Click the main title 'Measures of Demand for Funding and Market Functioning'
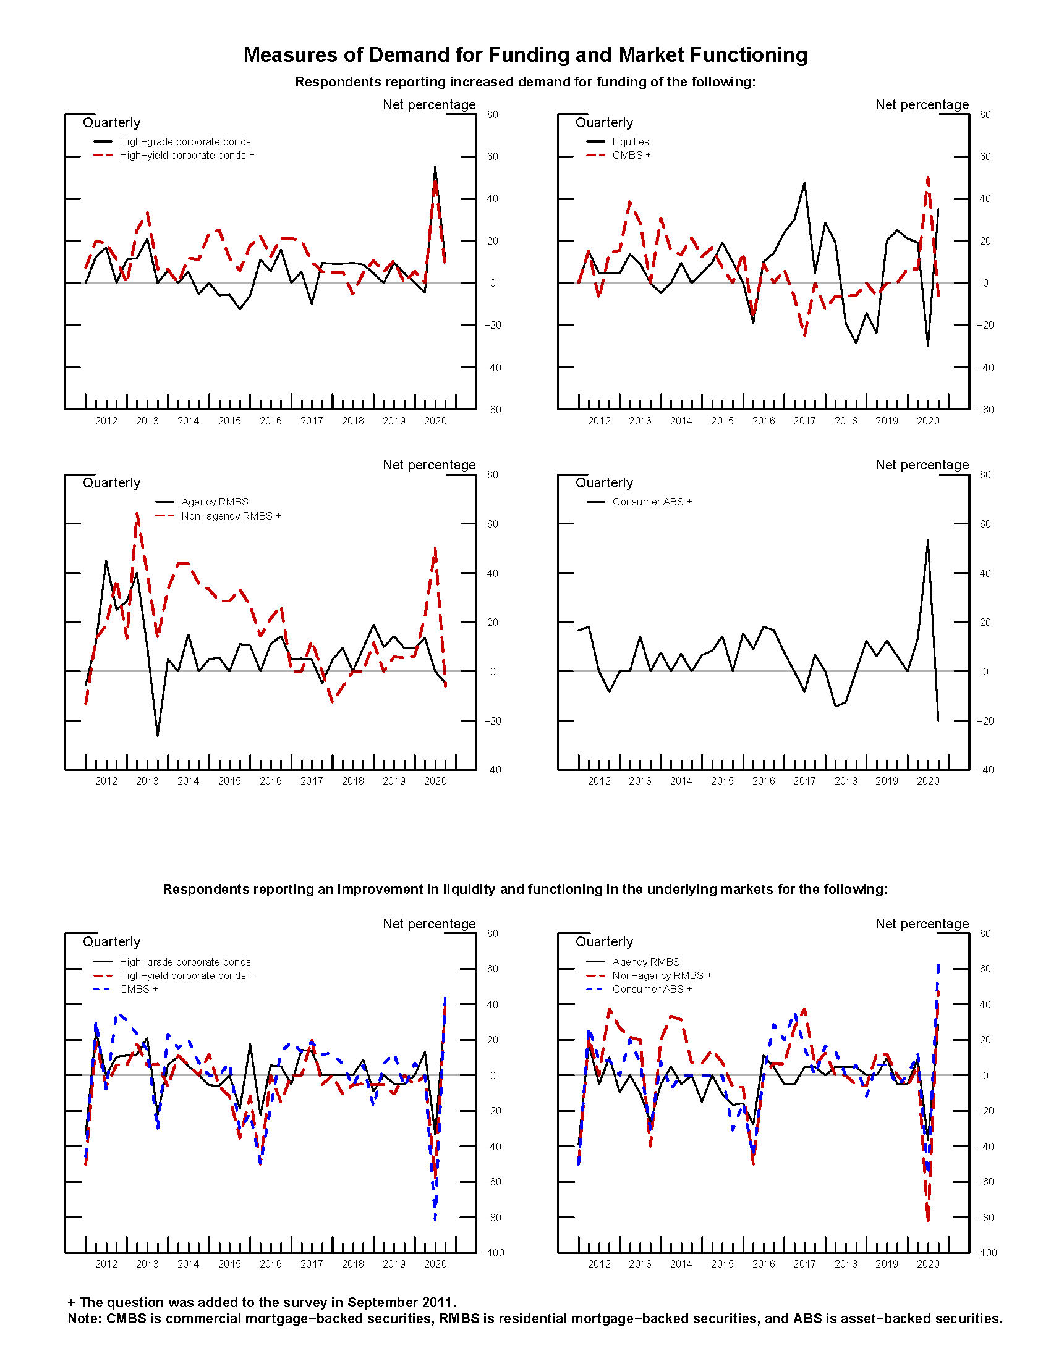coord(525,55)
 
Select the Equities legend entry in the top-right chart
coord(629,142)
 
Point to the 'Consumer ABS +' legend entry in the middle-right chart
coord(651,502)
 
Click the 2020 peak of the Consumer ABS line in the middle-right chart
coord(928,540)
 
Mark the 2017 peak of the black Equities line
coord(804,182)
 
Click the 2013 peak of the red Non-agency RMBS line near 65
coord(137,513)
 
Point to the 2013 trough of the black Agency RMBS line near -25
coord(158,736)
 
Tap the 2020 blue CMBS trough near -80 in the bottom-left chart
coord(435,1219)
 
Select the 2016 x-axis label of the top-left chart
coord(270,421)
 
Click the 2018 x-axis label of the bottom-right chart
coord(846,1264)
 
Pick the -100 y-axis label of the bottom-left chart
coord(493,1253)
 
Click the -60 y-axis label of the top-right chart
coord(984,410)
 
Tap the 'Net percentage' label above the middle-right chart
coord(922,465)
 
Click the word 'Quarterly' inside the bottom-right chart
coord(604,942)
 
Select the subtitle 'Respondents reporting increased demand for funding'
coord(525,82)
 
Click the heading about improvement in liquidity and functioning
coord(525,889)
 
